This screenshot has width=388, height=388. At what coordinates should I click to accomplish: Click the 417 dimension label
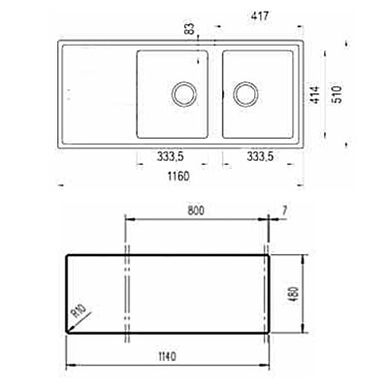(x=260, y=16)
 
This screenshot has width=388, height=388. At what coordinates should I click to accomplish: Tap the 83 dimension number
(x=190, y=28)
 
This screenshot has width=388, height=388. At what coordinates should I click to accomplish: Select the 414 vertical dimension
(x=315, y=95)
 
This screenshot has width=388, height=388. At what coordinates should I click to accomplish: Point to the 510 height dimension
(x=338, y=94)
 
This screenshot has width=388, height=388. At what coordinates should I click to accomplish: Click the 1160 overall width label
(x=178, y=177)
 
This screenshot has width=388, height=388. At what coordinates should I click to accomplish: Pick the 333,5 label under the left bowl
(x=171, y=157)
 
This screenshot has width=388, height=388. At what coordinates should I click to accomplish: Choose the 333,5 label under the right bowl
(x=260, y=157)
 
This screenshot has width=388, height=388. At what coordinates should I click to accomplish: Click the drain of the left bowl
(x=184, y=94)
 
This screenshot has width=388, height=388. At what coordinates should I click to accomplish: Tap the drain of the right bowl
(x=245, y=94)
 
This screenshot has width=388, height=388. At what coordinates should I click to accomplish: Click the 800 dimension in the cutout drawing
(x=196, y=210)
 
